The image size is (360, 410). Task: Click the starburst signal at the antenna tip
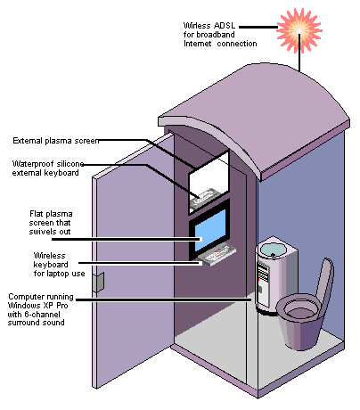pyautogui.click(x=299, y=30)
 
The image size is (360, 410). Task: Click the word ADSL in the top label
pyautogui.click(x=225, y=26)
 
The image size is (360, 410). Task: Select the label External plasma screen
pyautogui.click(x=56, y=141)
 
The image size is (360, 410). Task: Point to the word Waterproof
pyautogui.click(x=33, y=164)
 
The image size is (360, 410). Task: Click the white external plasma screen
pyautogui.click(x=209, y=175)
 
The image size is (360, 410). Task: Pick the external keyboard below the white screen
pyautogui.click(x=204, y=198)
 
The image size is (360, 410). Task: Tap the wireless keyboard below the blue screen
pyautogui.click(x=217, y=255)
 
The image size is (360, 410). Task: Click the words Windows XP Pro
pyautogui.click(x=37, y=306)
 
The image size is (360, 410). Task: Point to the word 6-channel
pyautogui.click(x=42, y=315)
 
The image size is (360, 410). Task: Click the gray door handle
pyautogui.click(x=98, y=282)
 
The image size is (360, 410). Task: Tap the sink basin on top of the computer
pyautogui.click(x=274, y=249)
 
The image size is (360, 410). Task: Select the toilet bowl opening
pyautogui.click(x=302, y=309)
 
